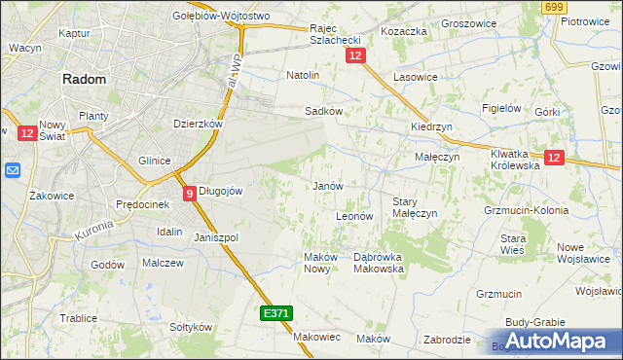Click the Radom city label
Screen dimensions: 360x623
(x=90, y=82)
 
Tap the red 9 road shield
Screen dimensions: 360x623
(x=189, y=193)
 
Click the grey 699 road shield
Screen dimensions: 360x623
(x=555, y=8)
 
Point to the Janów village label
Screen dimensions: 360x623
(x=325, y=186)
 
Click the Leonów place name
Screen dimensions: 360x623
(x=354, y=216)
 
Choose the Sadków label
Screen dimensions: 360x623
(x=324, y=112)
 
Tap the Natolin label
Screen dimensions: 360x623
(x=303, y=75)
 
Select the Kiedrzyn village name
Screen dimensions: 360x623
(x=431, y=127)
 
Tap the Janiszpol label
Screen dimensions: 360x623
(x=216, y=237)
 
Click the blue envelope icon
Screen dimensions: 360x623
(x=13, y=171)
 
